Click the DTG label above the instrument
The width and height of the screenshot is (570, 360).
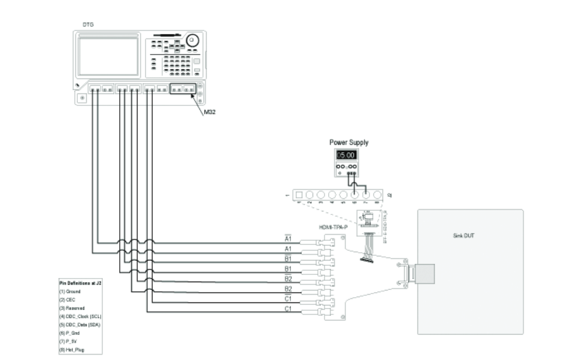[x=87, y=23]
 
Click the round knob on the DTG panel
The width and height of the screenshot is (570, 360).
[x=192, y=41]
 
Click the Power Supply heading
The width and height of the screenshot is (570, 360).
[x=348, y=143]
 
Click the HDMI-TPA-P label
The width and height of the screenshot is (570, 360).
[x=333, y=226]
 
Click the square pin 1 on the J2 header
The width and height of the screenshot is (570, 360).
[x=299, y=195]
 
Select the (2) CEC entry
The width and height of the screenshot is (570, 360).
[x=66, y=299]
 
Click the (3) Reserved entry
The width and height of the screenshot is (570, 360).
[x=69, y=307]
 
